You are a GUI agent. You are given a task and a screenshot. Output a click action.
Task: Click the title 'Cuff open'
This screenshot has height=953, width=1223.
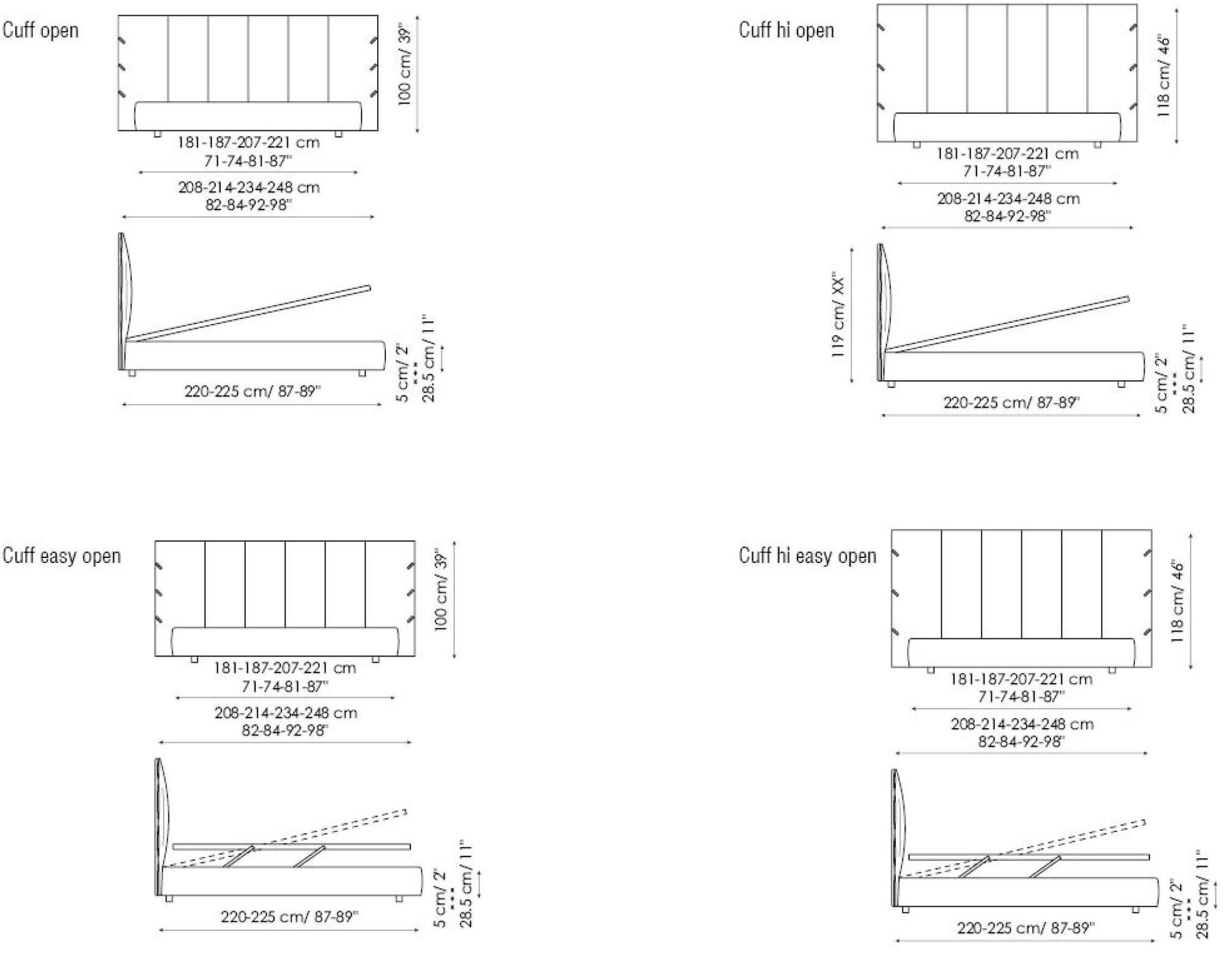(40, 30)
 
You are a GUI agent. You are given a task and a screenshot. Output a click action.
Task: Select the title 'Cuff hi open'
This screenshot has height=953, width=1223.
(786, 30)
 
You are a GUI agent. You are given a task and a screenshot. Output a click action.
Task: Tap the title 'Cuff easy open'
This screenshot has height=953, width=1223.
(61, 556)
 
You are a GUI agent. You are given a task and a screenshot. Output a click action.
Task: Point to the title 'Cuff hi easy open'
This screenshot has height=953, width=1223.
(807, 556)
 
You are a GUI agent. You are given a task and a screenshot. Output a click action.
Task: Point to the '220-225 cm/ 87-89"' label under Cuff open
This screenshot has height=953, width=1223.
(253, 391)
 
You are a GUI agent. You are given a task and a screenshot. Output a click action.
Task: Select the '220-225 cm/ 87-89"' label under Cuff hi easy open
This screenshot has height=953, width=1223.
(1025, 928)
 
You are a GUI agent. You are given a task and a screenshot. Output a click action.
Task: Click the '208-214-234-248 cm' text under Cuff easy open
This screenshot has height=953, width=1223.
(286, 713)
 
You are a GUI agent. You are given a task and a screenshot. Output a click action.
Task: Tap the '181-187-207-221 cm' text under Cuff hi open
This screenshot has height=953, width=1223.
(1007, 153)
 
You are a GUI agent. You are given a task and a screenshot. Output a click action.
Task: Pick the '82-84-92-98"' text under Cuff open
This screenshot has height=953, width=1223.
(248, 205)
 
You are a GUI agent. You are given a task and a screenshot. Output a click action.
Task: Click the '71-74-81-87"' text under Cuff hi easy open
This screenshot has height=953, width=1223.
(1021, 696)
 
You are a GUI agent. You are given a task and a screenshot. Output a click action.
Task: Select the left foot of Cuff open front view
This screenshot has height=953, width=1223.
(157, 134)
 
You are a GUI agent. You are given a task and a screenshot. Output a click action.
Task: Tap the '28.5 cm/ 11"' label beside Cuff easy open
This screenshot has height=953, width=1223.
(467, 884)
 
